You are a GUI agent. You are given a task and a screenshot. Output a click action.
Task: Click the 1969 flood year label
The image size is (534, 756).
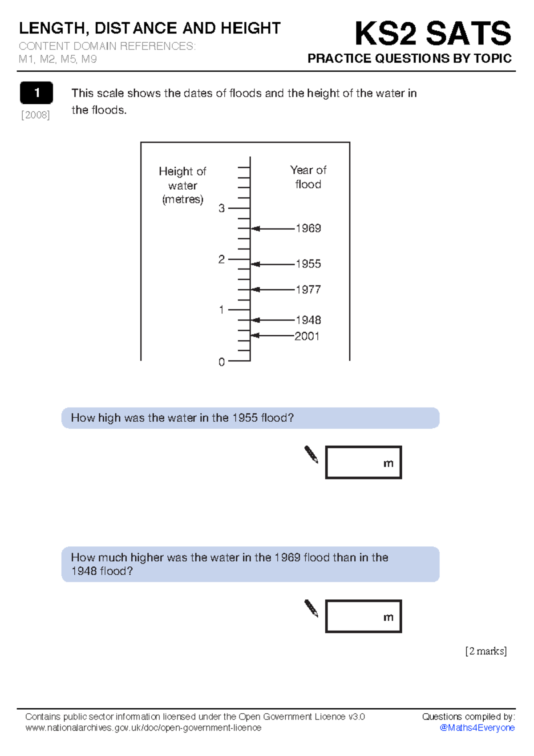[308, 228]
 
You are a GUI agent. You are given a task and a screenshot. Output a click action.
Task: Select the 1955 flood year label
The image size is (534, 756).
[308, 264]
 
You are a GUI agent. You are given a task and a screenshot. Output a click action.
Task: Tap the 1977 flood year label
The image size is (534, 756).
[308, 289]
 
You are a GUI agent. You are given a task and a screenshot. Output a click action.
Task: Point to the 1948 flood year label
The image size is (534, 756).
[308, 320]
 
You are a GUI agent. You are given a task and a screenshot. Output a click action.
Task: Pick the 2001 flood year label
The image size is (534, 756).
[307, 336]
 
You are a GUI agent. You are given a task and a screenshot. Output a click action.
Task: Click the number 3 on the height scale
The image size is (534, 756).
[221, 208]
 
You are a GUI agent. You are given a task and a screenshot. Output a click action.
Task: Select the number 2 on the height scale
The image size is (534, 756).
[221, 259]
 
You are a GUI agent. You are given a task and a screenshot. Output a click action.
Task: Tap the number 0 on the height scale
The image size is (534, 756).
[221, 362]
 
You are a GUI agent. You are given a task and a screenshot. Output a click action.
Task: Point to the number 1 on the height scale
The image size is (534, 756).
[221, 309]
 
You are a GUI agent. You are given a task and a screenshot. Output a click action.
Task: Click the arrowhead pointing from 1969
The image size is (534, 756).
[255, 229]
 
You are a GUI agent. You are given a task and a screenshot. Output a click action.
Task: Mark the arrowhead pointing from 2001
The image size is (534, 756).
[255, 335]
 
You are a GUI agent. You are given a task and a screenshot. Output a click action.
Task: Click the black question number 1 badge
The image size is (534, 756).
[36, 93]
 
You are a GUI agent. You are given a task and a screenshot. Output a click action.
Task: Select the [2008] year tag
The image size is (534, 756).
[36, 115]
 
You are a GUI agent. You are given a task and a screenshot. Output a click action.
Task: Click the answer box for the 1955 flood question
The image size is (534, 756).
[363, 462]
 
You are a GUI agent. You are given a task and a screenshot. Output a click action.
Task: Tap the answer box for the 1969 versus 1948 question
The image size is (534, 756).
[363, 616]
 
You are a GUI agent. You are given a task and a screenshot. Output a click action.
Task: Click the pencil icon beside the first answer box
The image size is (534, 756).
[311, 455]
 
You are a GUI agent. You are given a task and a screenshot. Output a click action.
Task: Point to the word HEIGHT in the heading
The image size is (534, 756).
[251, 28]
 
